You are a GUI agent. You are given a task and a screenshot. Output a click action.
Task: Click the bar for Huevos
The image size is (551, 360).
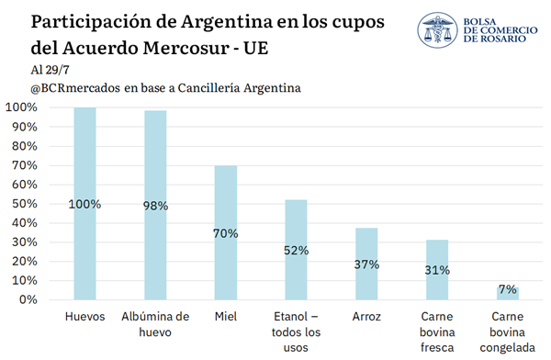pos(84,204)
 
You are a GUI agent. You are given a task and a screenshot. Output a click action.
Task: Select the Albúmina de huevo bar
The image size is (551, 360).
pos(155,206)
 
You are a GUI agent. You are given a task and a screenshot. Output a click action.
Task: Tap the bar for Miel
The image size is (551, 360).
pos(226,232)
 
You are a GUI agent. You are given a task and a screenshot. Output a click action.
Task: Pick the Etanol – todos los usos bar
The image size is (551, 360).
pos(296,250)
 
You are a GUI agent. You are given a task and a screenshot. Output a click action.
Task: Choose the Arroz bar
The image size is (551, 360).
pos(366,264)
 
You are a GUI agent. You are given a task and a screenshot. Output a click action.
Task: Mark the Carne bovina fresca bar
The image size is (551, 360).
pos(437,270)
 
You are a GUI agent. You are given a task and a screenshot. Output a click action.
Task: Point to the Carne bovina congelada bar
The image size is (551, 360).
pos(508,294)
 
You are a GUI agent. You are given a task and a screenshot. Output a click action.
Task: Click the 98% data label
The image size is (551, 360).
pos(155,206)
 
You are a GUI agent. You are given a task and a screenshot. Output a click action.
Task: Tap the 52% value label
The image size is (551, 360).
pos(297,251)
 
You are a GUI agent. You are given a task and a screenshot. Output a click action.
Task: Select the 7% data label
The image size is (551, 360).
pos(508,289)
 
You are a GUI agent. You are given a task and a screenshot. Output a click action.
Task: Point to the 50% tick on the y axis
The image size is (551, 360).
pos(25,204)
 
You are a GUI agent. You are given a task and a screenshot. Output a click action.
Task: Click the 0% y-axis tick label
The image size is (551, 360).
pos(28,299)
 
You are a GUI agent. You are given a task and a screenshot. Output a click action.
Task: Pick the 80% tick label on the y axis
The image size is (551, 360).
pos(25,146)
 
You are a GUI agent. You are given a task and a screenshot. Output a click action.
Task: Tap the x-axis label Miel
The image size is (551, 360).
pos(226,317)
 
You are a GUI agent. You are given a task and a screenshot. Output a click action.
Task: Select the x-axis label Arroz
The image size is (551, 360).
pos(366,317)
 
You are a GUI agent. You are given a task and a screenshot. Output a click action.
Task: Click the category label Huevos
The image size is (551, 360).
pos(84,317)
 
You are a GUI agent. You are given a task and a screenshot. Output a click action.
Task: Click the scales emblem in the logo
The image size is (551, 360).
pos(437,30)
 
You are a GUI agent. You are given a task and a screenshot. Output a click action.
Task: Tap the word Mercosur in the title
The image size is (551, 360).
pos(186,48)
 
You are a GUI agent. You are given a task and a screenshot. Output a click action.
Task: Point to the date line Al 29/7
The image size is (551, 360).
pos(50,70)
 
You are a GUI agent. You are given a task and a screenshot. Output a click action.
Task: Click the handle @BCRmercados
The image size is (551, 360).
pos(75,88)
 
